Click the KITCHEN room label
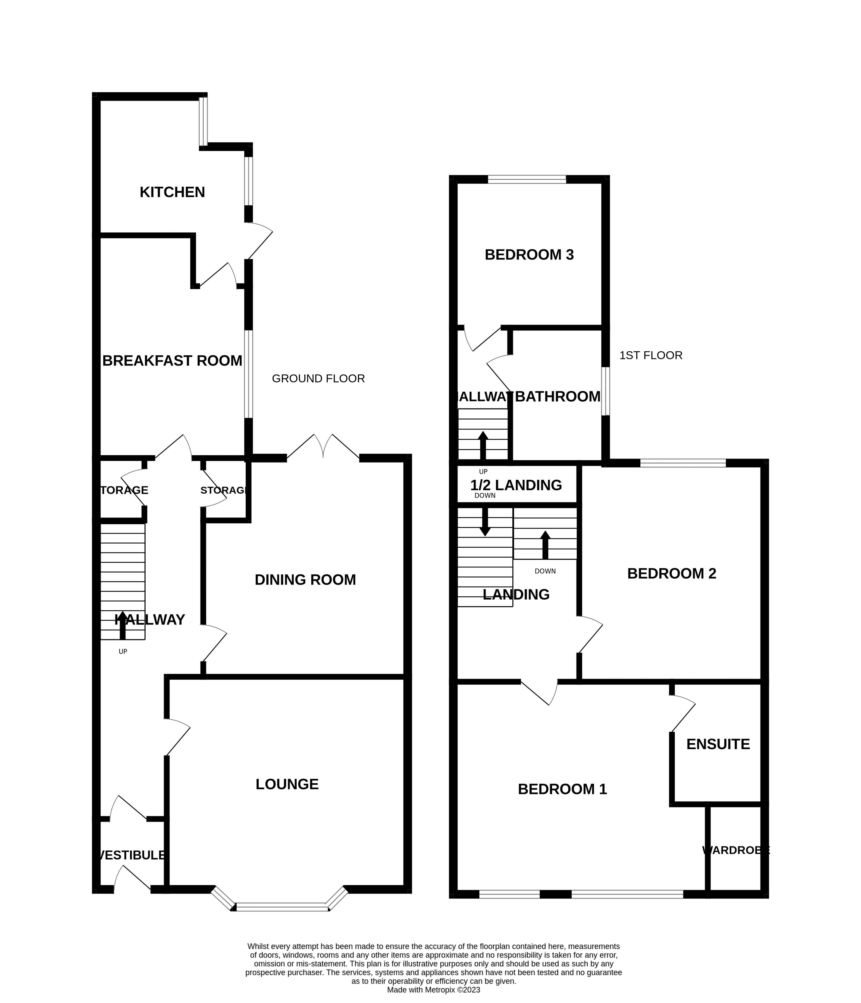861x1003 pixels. [172, 192]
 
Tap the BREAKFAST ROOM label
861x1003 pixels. [172, 361]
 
